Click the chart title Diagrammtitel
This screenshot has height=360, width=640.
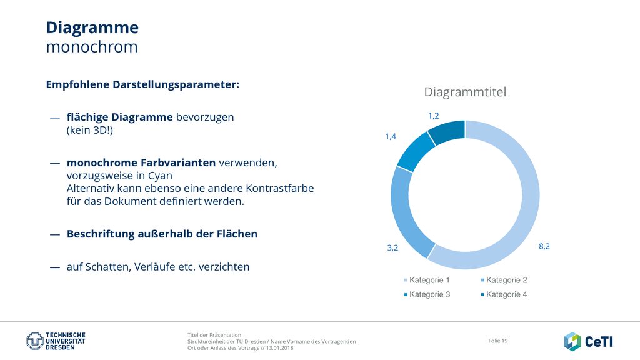(465, 92)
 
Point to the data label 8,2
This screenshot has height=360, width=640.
(544, 246)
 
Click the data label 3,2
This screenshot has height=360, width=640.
(392, 247)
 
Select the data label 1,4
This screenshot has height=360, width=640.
(391, 137)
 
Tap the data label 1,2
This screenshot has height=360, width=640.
(434, 116)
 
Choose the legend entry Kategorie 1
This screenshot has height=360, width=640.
(426, 280)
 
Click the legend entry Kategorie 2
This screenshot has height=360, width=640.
(504, 280)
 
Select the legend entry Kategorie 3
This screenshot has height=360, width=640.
(426, 295)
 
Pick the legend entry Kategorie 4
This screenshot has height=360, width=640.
(504, 295)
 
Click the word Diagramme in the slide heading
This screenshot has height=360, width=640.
(92, 28)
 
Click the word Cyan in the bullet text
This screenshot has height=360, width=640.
(160, 176)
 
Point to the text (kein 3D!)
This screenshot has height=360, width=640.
(90, 130)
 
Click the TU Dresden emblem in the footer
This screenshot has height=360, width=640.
(35, 341)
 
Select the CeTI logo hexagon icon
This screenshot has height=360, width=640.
(572, 341)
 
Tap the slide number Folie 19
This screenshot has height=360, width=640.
(498, 341)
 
